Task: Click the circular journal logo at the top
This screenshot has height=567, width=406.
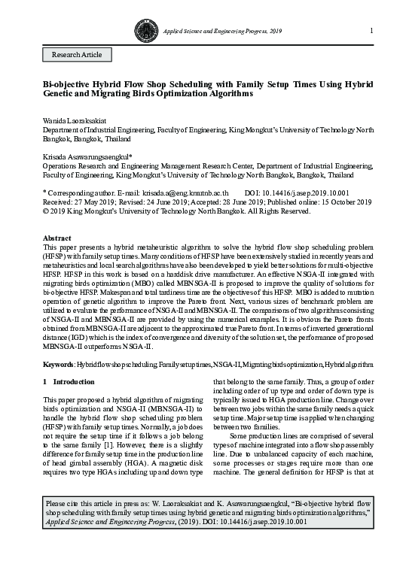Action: pos(144,30)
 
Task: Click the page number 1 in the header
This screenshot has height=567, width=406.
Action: pos(371,30)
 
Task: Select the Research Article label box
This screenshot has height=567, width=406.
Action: pos(76,55)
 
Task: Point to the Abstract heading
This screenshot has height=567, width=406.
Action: pos(56,238)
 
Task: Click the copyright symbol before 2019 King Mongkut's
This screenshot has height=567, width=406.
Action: pos(46,211)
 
